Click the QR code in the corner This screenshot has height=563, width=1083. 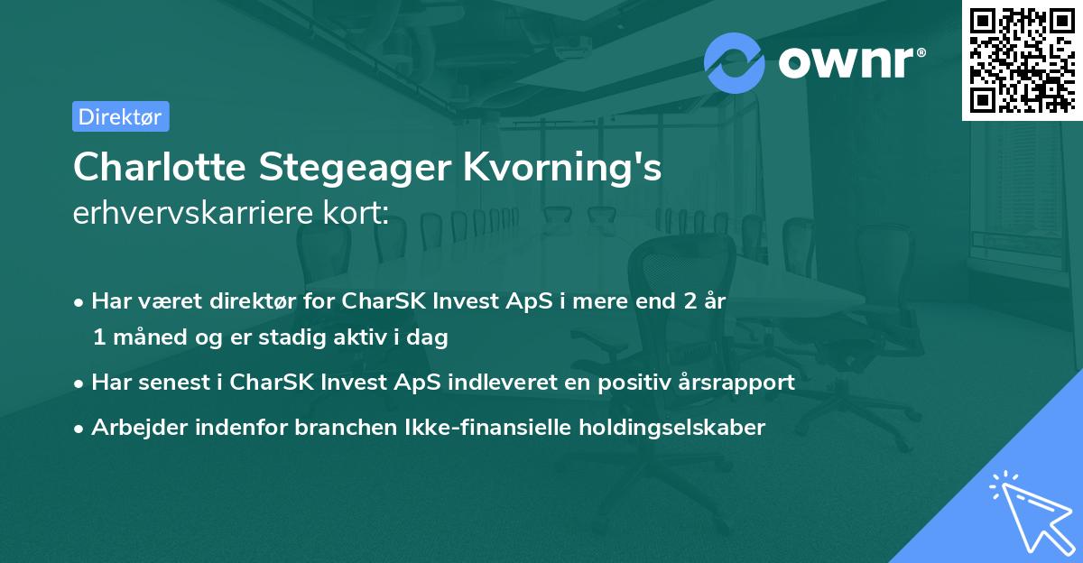click(x=1021, y=60)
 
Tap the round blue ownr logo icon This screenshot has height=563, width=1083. click(x=735, y=62)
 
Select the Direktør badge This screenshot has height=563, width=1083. click(x=120, y=116)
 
